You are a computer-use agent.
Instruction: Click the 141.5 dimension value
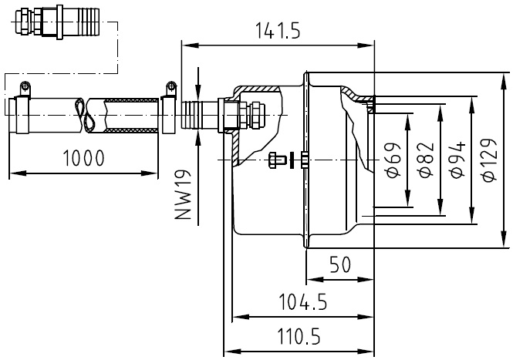[278, 30]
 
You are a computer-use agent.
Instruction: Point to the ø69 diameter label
[392, 160]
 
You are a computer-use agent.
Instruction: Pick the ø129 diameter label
[489, 160]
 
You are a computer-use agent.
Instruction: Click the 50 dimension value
[339, 265]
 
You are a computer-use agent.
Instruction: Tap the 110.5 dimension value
[298, 337]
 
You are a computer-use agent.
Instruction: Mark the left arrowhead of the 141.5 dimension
[186, 44]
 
